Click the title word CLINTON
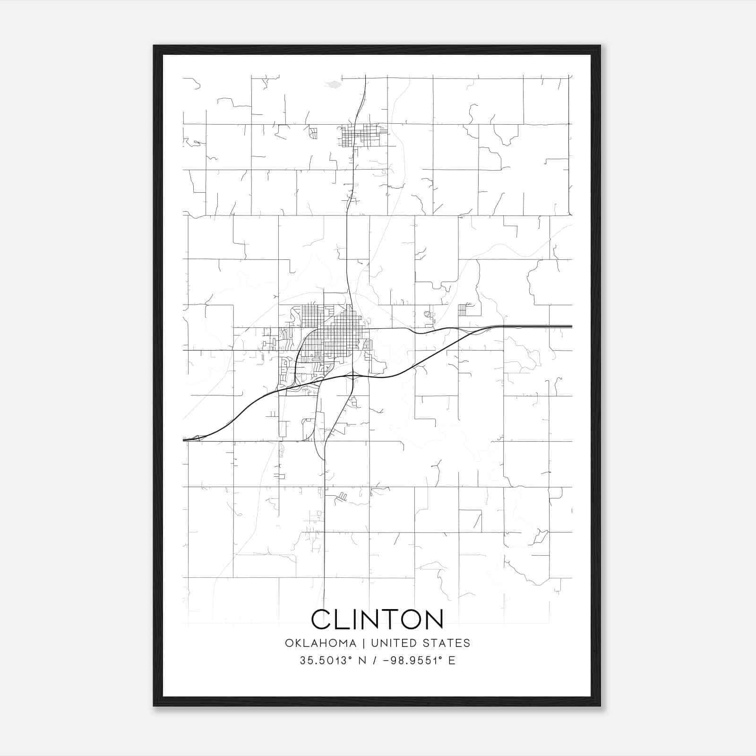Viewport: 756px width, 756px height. (377, 619)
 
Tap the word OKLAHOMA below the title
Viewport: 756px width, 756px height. (320, 643)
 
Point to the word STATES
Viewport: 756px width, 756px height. (446, 643)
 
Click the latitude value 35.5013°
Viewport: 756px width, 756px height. (326, 661)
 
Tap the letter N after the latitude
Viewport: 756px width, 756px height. (363, 661)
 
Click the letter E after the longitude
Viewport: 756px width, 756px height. (452, 661)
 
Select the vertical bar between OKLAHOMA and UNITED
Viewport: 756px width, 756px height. (364, 643)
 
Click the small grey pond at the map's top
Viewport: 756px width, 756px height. (334, 85)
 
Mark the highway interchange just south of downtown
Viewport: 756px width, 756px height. (354, 376)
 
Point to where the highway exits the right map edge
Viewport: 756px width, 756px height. (571, 326)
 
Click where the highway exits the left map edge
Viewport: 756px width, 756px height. (185, 439)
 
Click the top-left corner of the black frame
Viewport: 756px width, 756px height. (154, 46)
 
